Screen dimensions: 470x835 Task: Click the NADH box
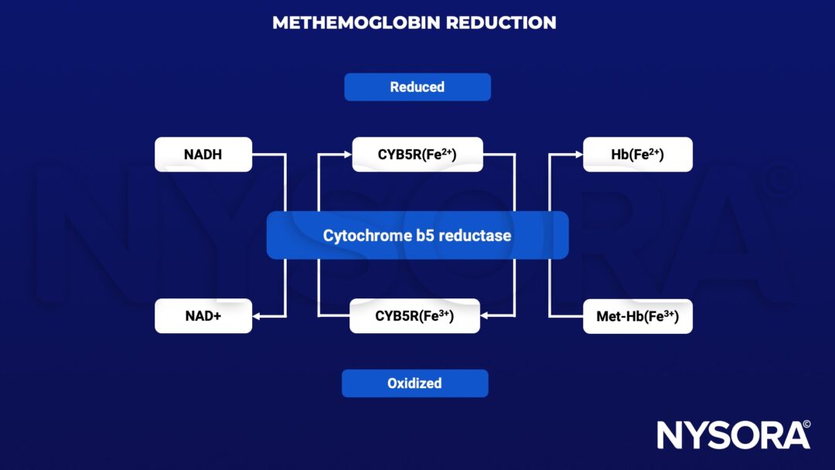203,155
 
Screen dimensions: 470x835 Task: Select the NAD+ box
203,316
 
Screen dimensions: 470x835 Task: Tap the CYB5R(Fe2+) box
417,155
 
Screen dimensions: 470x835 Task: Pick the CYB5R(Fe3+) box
414,316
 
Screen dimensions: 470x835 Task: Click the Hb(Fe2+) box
637,155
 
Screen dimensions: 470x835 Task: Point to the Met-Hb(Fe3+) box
637,316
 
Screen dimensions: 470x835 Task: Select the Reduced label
417,87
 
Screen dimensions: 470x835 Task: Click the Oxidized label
414,383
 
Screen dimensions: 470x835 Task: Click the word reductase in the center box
475,235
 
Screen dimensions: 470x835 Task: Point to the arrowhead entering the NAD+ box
257,316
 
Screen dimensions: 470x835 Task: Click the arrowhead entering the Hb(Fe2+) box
578,155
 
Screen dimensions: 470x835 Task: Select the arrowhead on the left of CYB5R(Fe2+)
347,155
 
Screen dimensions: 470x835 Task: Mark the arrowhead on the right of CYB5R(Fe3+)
486,316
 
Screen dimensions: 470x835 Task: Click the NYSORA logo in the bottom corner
727,435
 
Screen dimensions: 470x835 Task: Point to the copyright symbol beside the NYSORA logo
806,424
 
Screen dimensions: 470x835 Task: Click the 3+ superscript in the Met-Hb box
670,312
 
